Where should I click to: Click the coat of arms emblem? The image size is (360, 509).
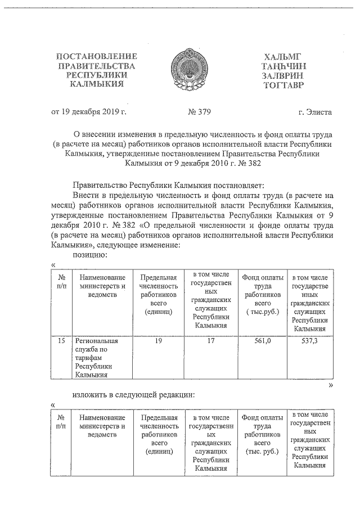click(x=187, y=70)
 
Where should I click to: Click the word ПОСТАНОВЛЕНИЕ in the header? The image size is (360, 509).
click(x=96, y=57)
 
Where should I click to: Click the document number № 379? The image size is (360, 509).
click(x=199, y=111)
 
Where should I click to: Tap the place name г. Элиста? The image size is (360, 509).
click(x=315, y=111)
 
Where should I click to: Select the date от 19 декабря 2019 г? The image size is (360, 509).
click(x=89, y=111)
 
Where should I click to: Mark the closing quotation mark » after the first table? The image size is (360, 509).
click(x=331, y=385)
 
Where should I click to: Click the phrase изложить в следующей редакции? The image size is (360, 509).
click(x=134, y=394)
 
